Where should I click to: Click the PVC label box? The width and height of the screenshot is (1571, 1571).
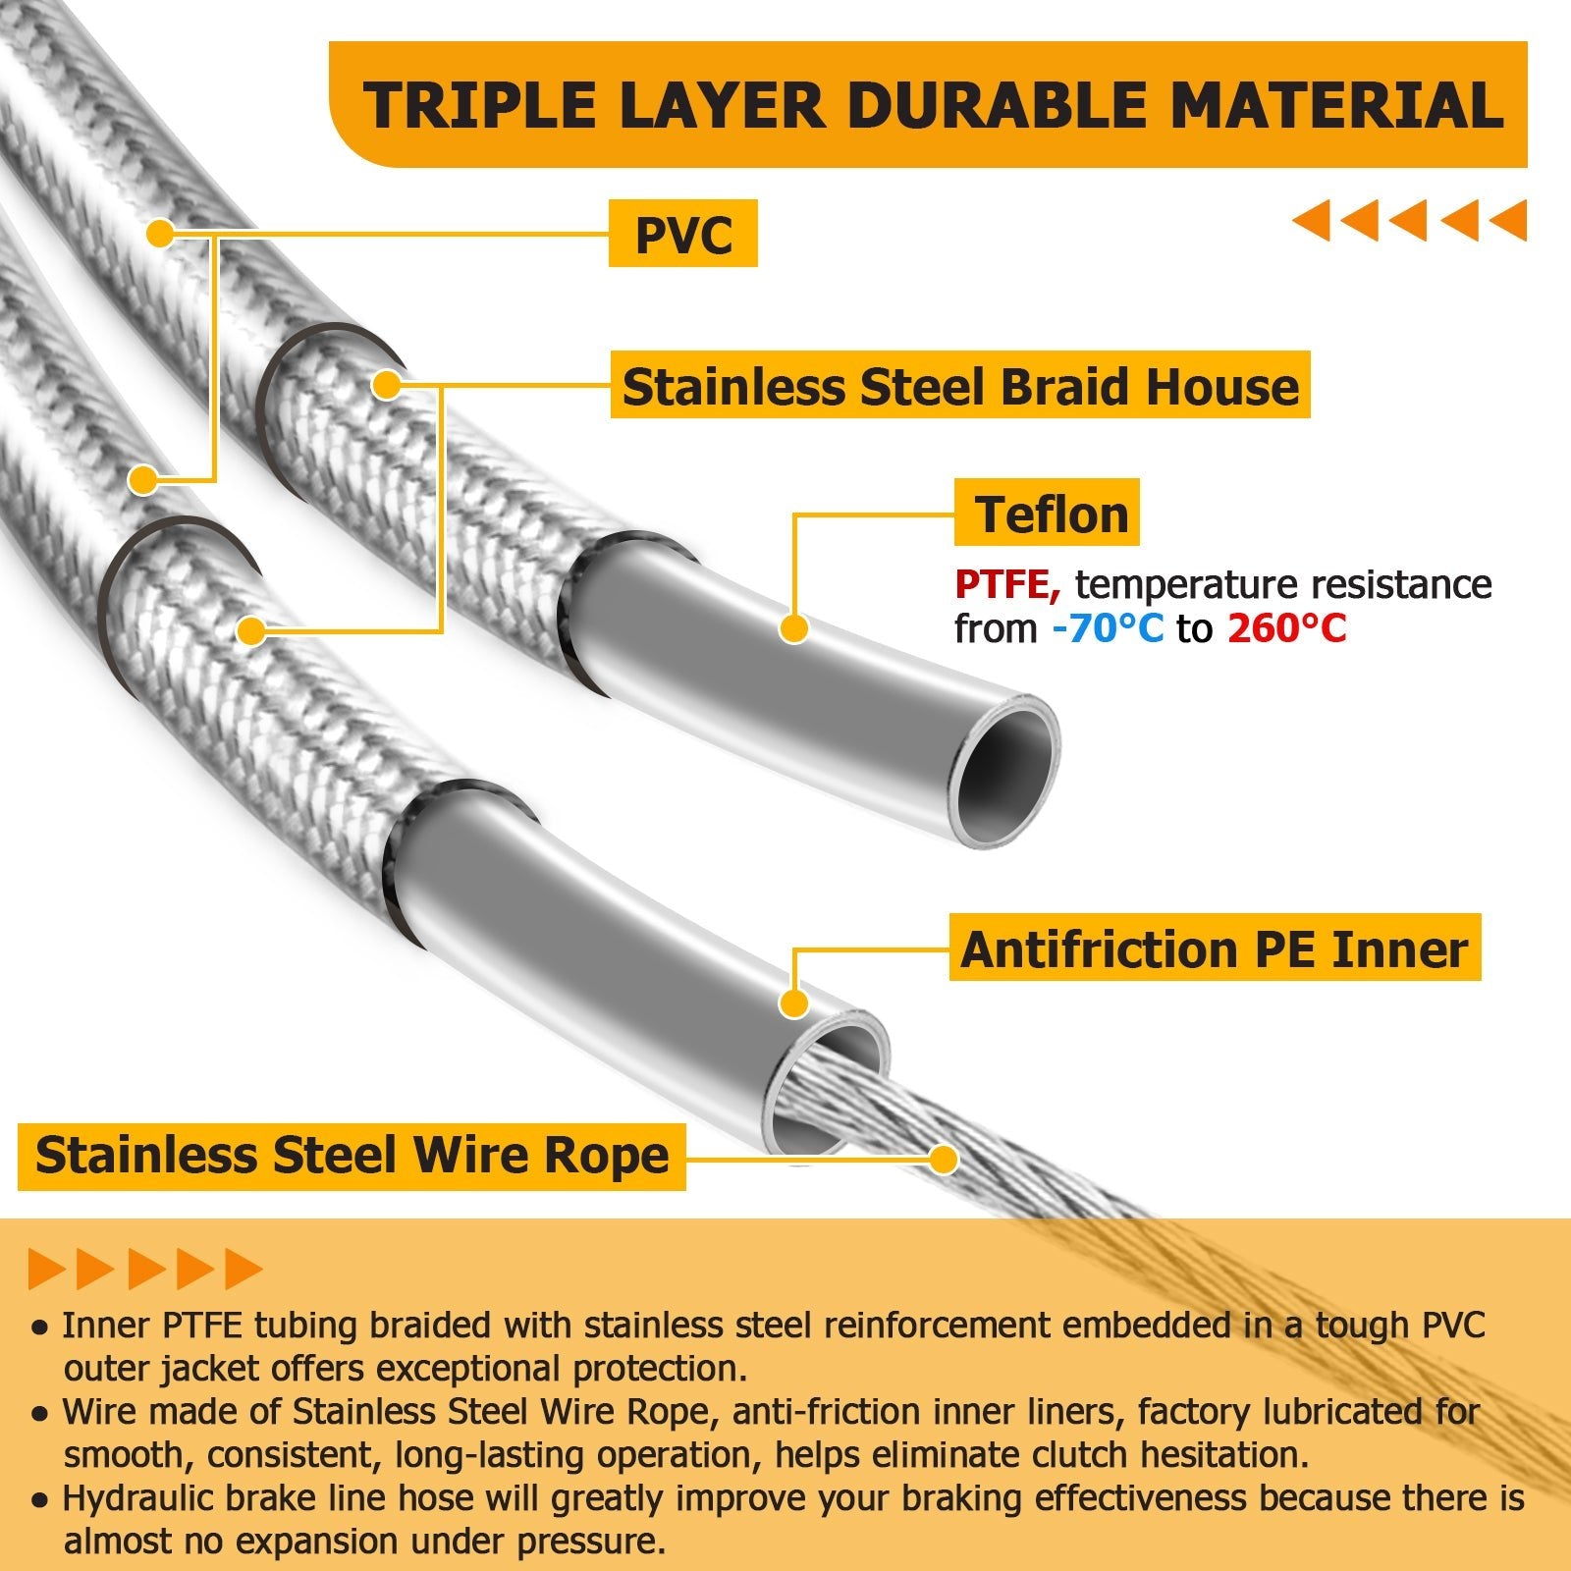click(683, 234)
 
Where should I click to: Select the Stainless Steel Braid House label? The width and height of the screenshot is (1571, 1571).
click(960, 386)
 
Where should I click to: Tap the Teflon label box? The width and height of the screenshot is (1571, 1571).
click(1048, 514)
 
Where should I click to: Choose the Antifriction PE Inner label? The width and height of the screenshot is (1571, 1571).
click(1215, 948)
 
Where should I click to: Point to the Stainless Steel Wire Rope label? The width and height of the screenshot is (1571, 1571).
click(352, 1155)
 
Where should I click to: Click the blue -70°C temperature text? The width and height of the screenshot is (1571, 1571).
click(1107, 628)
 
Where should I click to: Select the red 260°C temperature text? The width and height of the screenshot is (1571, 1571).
click(1286, 628)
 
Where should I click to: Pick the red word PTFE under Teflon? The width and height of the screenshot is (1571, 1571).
click(1007, 585)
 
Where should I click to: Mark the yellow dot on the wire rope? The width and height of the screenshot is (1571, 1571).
click(944, 1159)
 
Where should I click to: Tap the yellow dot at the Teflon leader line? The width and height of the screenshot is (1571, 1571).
click(793, 628)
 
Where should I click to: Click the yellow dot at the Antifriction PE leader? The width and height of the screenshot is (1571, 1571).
click(793, 1003)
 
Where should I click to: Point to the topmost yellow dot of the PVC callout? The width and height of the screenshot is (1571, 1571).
click(159, 234)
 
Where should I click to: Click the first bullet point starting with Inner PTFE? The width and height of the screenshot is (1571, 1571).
click(756, 1326)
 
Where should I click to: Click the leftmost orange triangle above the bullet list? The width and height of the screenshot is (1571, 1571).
click(46, 1270)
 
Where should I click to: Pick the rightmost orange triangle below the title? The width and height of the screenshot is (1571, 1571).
click(1509, 220)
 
